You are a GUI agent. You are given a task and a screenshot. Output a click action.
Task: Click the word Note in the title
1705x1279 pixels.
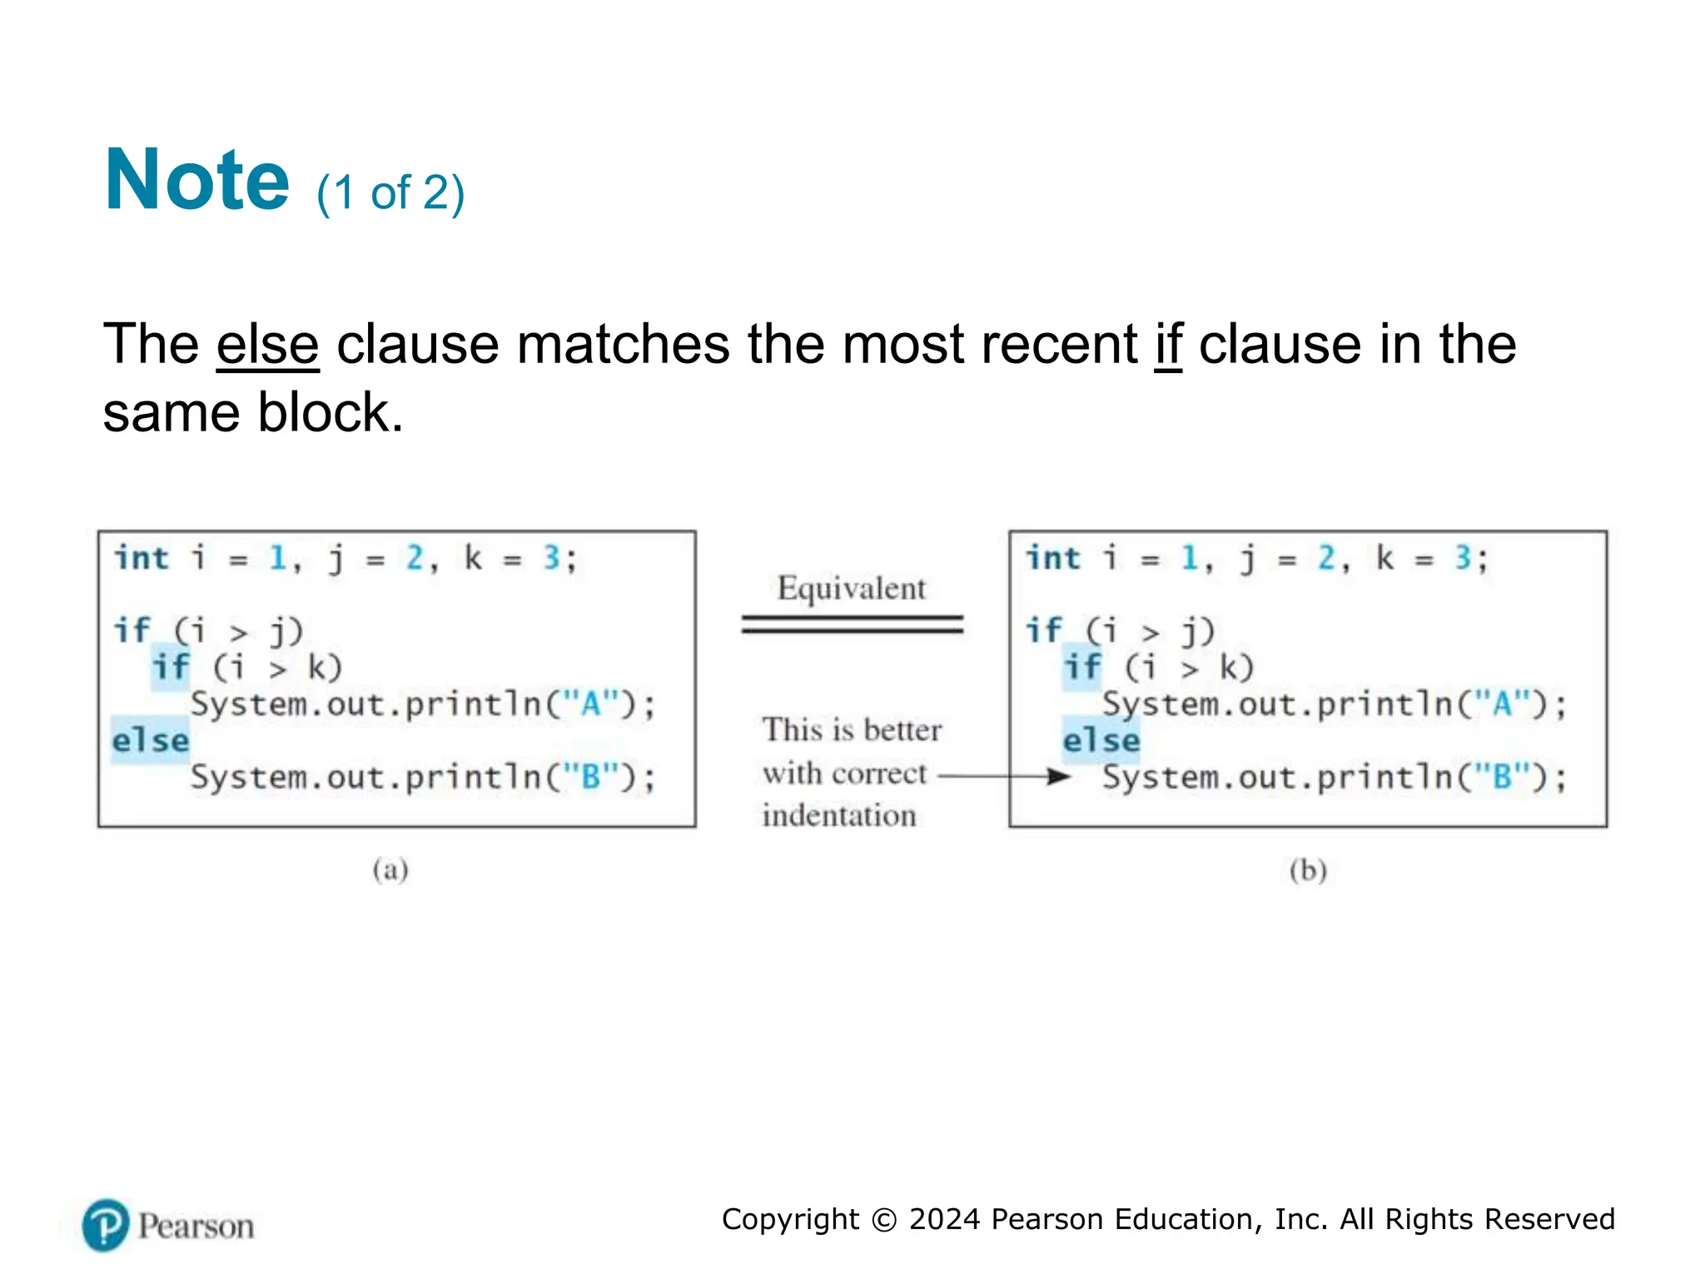coord(196,180)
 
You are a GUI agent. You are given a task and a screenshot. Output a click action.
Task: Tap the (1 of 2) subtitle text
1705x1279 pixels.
coord(390,193)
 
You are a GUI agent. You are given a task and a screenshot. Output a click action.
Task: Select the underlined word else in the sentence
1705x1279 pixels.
coord(267,345)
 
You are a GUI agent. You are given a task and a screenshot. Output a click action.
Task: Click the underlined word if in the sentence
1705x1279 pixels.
coord(1168,345)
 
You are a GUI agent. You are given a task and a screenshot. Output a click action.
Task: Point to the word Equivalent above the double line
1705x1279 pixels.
coord(851,589)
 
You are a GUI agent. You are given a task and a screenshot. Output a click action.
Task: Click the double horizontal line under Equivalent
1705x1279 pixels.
coord(852,625)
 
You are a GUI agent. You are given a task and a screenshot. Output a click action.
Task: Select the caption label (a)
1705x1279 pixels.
coord(390,870)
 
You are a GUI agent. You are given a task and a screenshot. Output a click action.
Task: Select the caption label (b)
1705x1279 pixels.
coord(1308,870)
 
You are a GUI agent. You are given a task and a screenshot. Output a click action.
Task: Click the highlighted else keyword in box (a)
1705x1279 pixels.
coord(151,740)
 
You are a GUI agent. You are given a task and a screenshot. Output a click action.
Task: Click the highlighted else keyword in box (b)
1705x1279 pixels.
coord(1101,740)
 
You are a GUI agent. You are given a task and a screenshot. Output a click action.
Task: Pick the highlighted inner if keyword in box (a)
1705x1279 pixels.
coord(171,668)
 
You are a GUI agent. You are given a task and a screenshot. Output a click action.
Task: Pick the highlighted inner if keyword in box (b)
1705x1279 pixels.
coord(1082,668)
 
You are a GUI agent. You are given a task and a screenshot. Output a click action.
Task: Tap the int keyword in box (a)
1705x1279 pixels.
coord(142,558)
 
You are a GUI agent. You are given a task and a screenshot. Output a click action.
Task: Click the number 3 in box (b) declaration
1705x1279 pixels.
coord(1463,558)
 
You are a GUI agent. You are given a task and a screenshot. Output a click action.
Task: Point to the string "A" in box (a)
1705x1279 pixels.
coord(591,704)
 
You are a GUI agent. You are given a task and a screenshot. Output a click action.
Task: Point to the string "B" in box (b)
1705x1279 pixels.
coord(1503,777)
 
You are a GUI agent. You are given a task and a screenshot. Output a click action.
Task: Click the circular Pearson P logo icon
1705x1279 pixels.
coord(106,1225)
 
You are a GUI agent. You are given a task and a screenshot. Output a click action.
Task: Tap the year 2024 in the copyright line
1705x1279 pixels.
coord(944,1219)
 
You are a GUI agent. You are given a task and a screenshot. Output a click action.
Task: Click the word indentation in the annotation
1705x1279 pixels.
coord(839,815)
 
